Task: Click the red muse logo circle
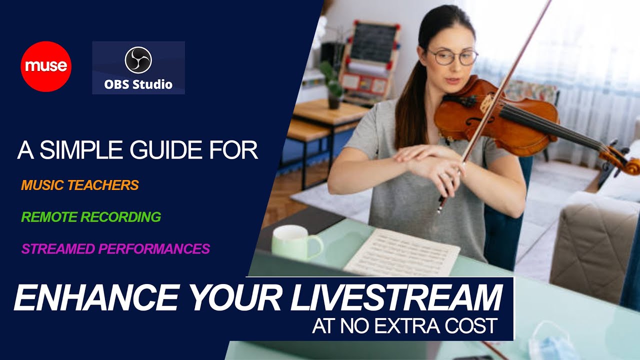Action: click(x=46, y=66)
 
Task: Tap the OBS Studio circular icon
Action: click(x=138, y=60)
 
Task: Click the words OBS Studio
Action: click(x=138, y=84)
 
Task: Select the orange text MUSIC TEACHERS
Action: click(x=79, y=185)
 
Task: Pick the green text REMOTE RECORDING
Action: click(x=91, y=217)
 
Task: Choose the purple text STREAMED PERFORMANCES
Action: click(x=115, y=248)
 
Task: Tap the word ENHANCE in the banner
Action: click(x=95, y=298)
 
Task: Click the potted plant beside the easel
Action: click(x=332, y=82)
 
